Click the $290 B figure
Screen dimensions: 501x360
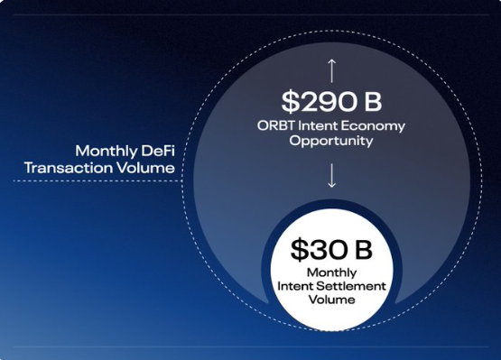coord(331,102)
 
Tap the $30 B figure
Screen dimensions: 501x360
coord(331,250)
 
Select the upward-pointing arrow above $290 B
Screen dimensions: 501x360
coord(332,70)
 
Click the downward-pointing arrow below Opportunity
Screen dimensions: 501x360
coord(332,175)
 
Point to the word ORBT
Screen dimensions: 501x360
coord(276,125)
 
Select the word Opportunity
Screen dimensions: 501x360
coord(331,141)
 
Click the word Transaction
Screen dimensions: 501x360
coord(69,168)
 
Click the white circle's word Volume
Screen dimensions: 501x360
coord(331,300)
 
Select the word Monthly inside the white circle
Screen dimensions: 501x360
coord(331,272)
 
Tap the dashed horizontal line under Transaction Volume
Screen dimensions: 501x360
coord(97,181)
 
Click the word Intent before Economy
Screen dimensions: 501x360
coord(318,125)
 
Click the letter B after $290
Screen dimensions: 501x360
coord(373,102)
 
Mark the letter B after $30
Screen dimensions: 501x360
coord(364,250)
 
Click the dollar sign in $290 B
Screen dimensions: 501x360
coord(290,102)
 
